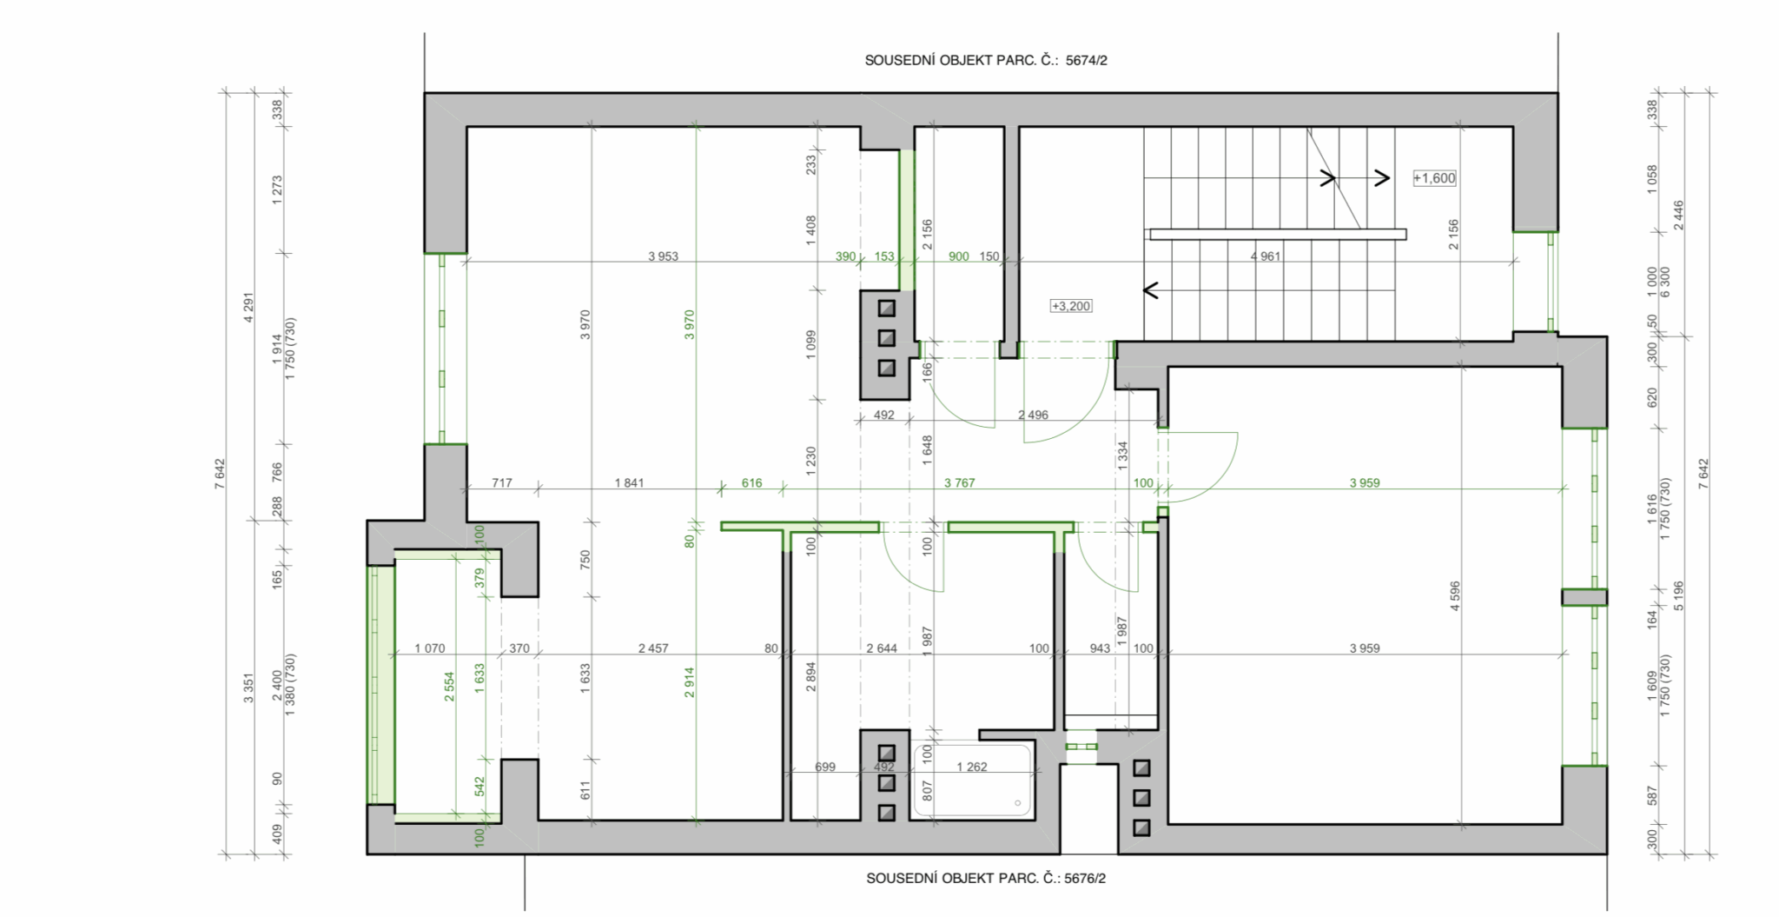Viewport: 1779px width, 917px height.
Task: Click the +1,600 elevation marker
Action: coord(1434,178)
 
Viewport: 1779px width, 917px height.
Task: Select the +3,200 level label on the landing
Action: coord(1071,306)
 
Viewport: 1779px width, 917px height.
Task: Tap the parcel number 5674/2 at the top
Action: coord(1087,61)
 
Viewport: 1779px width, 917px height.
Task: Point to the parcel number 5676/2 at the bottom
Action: coord(1085,879)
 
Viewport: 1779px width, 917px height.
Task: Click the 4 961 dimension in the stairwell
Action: coord(1265,256)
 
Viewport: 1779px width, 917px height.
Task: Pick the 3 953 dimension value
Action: coord(663,256)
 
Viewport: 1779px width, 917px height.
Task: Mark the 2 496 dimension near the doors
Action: coord(1033,415)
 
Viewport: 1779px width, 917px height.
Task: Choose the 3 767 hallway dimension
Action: coord(960,483)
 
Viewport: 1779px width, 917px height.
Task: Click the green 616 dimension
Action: coord(751,483)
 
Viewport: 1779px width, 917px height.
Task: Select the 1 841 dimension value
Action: coord(629,483)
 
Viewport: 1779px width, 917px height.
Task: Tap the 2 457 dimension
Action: coord(653,648)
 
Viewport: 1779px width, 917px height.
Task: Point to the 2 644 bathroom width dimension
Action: coord(882,648)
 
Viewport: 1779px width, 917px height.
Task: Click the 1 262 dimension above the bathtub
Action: coord(971,767)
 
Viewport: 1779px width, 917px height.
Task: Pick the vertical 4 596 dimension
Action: coord(1455,596)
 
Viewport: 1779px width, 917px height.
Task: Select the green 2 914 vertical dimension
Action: coord(690,682)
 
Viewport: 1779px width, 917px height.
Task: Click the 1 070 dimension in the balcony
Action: coord(429,648)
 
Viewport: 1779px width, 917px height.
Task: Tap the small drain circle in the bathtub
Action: coord(1019,803)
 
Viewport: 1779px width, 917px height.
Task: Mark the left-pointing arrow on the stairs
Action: coord(1154,289)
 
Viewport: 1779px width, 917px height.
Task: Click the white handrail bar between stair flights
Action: coord(1278,234)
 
